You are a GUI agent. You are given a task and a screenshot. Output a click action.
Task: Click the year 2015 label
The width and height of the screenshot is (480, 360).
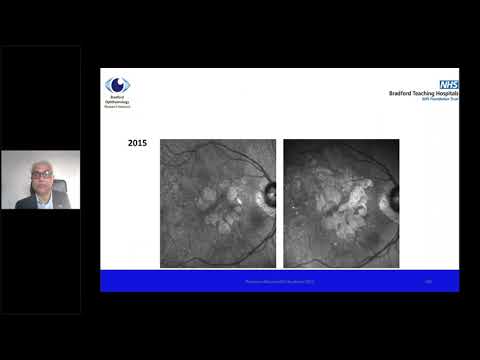138,144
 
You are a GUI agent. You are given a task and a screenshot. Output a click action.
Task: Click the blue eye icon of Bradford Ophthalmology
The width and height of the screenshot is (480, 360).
118,85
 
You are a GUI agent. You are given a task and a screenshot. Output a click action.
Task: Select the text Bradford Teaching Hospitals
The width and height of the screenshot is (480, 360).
424,94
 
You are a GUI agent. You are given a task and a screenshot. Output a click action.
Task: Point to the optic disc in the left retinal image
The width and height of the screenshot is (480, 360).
267,191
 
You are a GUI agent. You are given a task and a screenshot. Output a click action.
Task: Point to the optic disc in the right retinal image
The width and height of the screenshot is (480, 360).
390,191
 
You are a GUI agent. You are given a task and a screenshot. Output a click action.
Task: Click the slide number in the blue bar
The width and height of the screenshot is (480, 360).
428,282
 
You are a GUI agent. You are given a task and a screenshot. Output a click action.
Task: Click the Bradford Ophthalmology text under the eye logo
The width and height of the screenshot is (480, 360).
117,100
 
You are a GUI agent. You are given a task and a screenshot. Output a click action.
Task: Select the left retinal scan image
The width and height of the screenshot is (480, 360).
218,203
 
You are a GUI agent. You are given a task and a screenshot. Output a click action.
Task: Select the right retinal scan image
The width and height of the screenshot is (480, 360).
341,203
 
